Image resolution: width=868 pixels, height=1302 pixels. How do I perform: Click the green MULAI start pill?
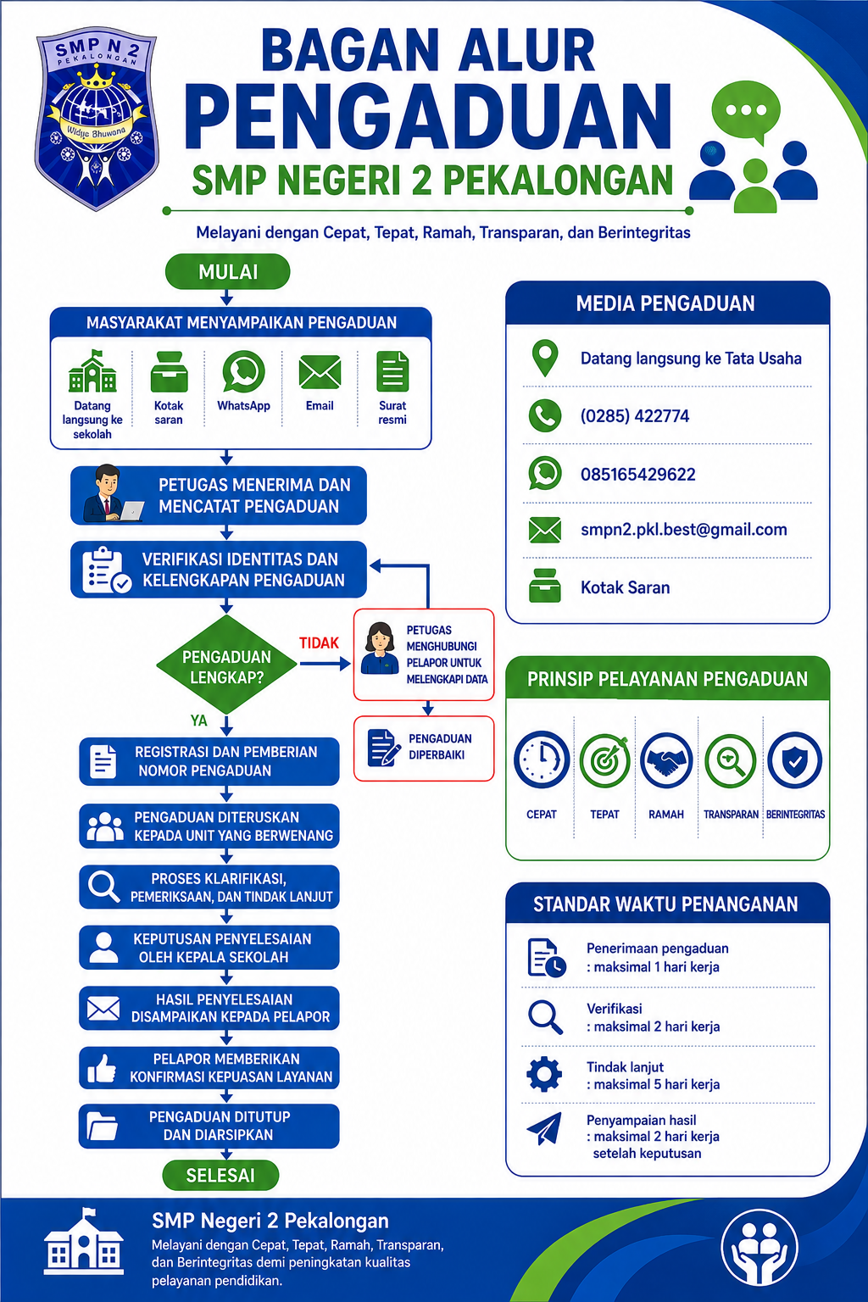pos(227,271)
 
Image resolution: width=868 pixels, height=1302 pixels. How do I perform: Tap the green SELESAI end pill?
pos(220,1175)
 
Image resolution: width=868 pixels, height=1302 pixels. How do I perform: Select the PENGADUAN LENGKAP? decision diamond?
pos(226,665)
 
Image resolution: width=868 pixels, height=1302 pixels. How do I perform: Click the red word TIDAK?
pos(319,643)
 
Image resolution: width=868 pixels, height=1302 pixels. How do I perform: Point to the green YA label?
pos(199,721)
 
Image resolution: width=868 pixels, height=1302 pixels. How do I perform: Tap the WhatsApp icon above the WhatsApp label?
pos(243,372)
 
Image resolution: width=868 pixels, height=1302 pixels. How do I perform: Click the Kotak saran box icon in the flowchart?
pos(169,372)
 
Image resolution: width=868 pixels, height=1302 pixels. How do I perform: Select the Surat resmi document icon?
pos(392,371)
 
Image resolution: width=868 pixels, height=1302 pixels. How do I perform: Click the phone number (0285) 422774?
pos(634,416)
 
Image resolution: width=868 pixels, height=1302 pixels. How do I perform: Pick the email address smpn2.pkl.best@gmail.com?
pos(684,530)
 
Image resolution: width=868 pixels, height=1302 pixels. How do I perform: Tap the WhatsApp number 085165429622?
pos(637,475)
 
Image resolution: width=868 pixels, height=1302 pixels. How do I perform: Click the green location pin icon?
pos(545,358)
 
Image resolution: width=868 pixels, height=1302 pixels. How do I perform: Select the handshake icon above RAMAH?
pos(666,761)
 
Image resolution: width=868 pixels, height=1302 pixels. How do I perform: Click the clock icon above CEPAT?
pos(542,759)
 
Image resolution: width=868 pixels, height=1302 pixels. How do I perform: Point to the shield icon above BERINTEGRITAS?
pos(795,760)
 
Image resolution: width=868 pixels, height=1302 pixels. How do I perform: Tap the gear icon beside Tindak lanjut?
pos(544,1075)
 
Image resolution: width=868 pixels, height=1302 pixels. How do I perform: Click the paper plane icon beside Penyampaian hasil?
pos(544,1128)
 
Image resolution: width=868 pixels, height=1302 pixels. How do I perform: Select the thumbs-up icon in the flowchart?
pos(102,1068)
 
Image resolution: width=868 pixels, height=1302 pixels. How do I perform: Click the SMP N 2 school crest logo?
pos(97,121)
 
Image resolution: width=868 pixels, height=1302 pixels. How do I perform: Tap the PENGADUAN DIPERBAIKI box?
pos(424,748)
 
